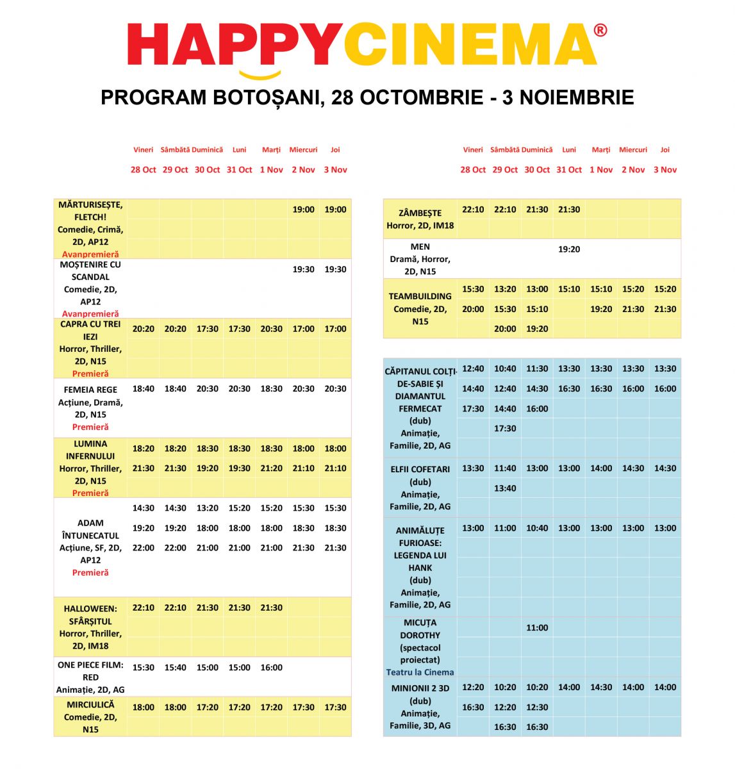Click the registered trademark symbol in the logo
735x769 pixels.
coord(600,30)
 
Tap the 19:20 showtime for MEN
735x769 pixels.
coord(568,249)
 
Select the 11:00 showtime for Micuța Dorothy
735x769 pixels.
coord(537,628)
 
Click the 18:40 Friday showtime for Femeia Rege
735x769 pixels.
coord(143,388)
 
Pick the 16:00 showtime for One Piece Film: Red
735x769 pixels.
coord(271,667)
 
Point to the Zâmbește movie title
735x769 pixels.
coord(420,213)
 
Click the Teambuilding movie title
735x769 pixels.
coord(420,296)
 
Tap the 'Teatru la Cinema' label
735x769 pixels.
coord(420,672)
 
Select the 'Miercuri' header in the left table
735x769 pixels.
coord(303,150)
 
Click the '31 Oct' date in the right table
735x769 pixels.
coord(568,170)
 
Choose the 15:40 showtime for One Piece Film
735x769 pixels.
coord(175,667)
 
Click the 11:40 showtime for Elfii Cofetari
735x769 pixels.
coord(505,468)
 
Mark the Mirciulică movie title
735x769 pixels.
coord(90,704)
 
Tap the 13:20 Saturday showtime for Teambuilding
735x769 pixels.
coord(505,289)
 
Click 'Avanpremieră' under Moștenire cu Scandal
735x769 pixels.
coord(90,314)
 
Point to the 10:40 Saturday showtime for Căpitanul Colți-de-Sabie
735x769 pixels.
coord(505,368)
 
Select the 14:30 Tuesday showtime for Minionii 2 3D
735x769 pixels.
coord(600,687)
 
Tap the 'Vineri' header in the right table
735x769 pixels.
coord(473,150)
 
